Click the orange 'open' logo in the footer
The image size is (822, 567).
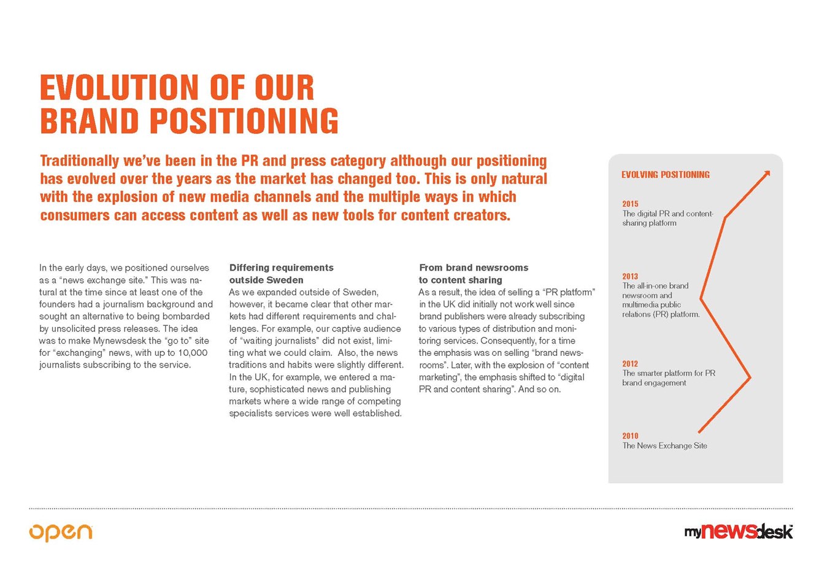[x=60, y=532]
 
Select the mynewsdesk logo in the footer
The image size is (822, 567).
[x=739, y=531]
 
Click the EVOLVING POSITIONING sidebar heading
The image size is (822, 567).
[x=666, y=175]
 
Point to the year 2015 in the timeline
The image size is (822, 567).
[x=630, y=204]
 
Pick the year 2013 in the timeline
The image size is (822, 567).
[x=630, y=276]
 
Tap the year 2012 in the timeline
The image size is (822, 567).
[x=630, y=364]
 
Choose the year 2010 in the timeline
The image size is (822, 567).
[x=630, y=436]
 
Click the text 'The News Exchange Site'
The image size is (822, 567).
[x=664, y=446]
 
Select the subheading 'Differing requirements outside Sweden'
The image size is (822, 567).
[x=281, y=274]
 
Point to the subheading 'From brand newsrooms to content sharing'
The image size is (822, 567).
[x=473, y=274]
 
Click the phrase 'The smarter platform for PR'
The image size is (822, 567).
[x=669, y=373]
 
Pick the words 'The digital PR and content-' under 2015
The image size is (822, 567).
[x=668, y=214]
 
